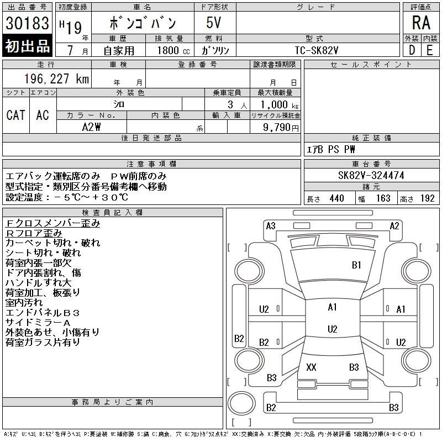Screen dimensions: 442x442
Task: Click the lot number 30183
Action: point(27,23)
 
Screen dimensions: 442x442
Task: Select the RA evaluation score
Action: point(421,23)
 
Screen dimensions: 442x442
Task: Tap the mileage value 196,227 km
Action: point(56,78)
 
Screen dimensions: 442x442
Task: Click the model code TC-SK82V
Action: point(316,50)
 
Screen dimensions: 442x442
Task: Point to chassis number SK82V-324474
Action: point(371,175)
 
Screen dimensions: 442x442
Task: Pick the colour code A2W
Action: point(91,127)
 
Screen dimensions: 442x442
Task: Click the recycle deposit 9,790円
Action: point(281,128)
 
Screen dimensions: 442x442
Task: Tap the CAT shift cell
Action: point(16,115)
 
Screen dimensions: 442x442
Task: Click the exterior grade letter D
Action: point(412,50)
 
